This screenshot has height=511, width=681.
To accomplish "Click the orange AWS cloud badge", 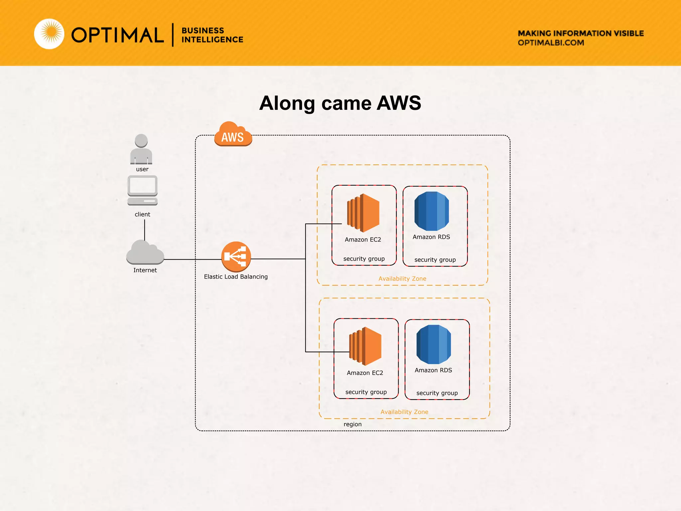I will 233,134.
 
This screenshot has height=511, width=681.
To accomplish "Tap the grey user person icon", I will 141,149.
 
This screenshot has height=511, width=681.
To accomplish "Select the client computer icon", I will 142,191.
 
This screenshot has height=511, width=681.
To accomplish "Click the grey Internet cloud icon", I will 145,253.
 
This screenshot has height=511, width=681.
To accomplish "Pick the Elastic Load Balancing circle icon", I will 236,256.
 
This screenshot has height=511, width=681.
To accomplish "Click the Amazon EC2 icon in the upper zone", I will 363,213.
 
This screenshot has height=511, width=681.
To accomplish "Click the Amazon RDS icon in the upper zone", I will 432,211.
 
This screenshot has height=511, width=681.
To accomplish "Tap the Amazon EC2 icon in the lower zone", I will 365,346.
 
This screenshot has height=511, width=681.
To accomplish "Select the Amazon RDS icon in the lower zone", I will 434,344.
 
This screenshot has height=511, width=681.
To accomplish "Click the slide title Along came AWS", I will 340,103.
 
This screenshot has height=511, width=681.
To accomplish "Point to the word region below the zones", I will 352,424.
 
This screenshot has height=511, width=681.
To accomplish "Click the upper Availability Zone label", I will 402,279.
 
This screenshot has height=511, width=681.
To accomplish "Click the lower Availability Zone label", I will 404,412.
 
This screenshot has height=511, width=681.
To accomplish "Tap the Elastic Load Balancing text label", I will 236,277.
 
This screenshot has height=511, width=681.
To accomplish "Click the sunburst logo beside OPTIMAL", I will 50,34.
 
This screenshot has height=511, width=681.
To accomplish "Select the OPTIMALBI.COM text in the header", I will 551,43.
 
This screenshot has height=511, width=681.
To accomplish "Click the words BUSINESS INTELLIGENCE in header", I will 212,35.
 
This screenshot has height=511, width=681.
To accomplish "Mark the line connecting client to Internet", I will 145,230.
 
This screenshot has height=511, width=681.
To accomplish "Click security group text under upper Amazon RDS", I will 435,260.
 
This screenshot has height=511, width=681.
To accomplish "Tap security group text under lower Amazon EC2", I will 366,392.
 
